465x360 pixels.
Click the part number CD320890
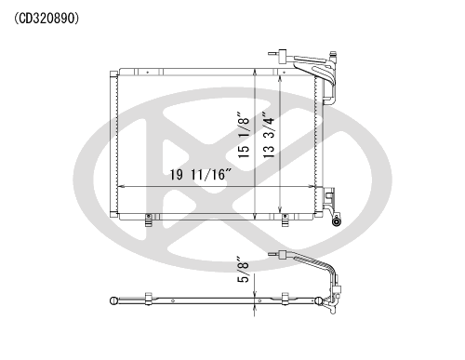pyautogui.click(x=46, y=19)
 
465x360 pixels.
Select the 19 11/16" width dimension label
pyautogui.click(x=201, y=175)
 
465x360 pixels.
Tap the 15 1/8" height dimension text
pyautogui.click(x=244, y=135)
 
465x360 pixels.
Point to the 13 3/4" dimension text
pyautogui.click(x=269, y=135)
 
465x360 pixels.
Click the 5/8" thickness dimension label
pyautogui.click(x=244, y=269)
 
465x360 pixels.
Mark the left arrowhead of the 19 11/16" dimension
pyautogui.click(x=121, y=187)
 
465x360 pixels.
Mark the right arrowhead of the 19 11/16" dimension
pyautogui.click(x=312, y=187)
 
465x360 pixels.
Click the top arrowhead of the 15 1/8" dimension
pyautogui.click(x=255, y=72)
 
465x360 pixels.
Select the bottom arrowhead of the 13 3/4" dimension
pyautogui.click(x=280, y=208)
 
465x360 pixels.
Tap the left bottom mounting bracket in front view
pyautogui.click(x=149, y=220)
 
